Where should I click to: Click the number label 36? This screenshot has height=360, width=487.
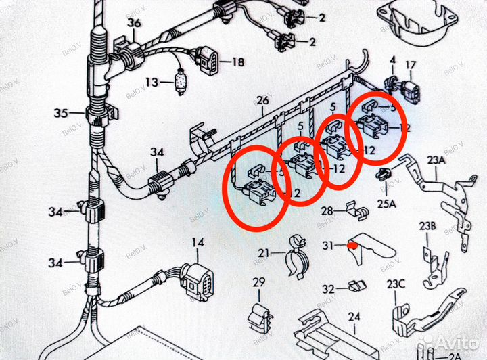(x=133, y=24)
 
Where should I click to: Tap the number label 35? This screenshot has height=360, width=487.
(x=61, y=112)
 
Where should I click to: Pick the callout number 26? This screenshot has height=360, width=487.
(x=262, y=102)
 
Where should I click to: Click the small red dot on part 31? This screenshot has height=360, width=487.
(x=351, y=245)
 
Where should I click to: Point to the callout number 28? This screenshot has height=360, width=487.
(x=327, y=211)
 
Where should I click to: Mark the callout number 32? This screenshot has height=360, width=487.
(x=328, y=289)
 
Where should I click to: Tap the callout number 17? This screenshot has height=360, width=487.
(x=411, y=66)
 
